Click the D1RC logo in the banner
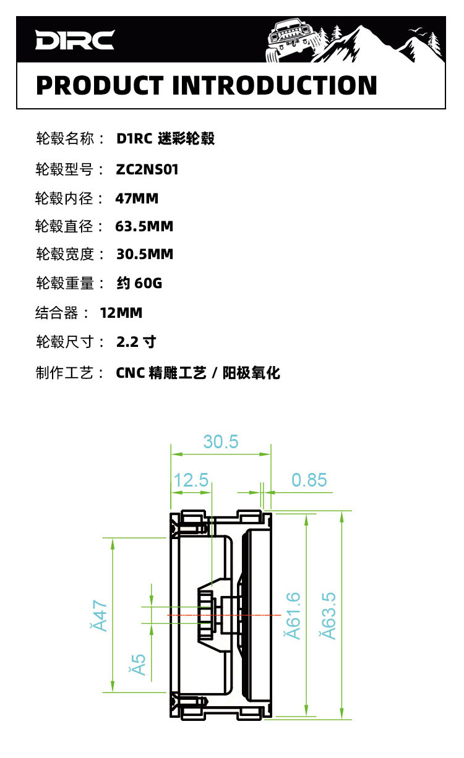pos(75,40)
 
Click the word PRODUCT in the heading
pos(100,85)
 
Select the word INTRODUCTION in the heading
pos(275,85)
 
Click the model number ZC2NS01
pos(147,169)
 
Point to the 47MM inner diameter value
pos(137,198)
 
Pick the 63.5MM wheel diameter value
pos(144,226)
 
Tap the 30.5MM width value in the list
pos(145,254)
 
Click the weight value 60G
pos(148,284)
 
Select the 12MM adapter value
pos(121,313)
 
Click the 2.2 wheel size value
pos(129,342)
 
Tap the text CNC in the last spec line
pos(130,373)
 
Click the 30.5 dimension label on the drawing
pos(220,441)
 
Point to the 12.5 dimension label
pos(191,480)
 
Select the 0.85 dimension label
pos(309,480)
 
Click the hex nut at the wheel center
pos(206,616)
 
